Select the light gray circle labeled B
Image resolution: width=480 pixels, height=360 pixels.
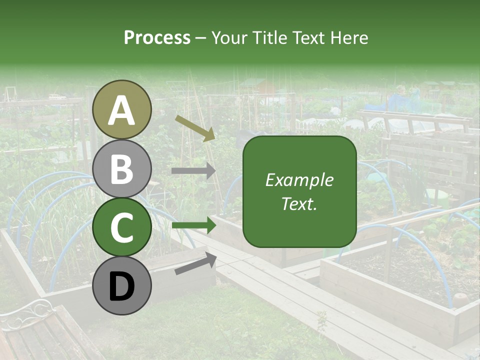pyautogui.click(x=121, y=168)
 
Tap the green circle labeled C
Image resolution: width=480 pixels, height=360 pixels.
pyautogui.click(x=121, y=227)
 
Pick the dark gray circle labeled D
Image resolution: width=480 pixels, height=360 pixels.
pyautogui.click(x=121, y=285)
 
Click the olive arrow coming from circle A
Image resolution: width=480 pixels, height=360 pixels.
pyautogui.click(x=195, y=127)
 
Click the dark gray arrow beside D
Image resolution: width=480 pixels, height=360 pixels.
pyautogui.click(x=195, y=263)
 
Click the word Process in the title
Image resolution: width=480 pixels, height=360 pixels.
pyautogui.click(x=157, y=38)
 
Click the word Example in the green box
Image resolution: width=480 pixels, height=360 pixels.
pyautogui.click(x=299, y=180)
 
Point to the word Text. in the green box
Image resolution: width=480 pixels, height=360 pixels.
pyautogui.click(x=299, y=203)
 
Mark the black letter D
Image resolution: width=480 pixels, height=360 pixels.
pyautogui.click(x=121, y=287)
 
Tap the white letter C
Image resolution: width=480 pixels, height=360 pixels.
pyautogui.click(x=121, y=228)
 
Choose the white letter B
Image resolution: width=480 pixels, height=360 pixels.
pyautogui.click(x=121, y=169)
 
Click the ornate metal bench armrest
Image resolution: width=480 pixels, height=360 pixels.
pyautogui.click(x=25, y=312)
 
